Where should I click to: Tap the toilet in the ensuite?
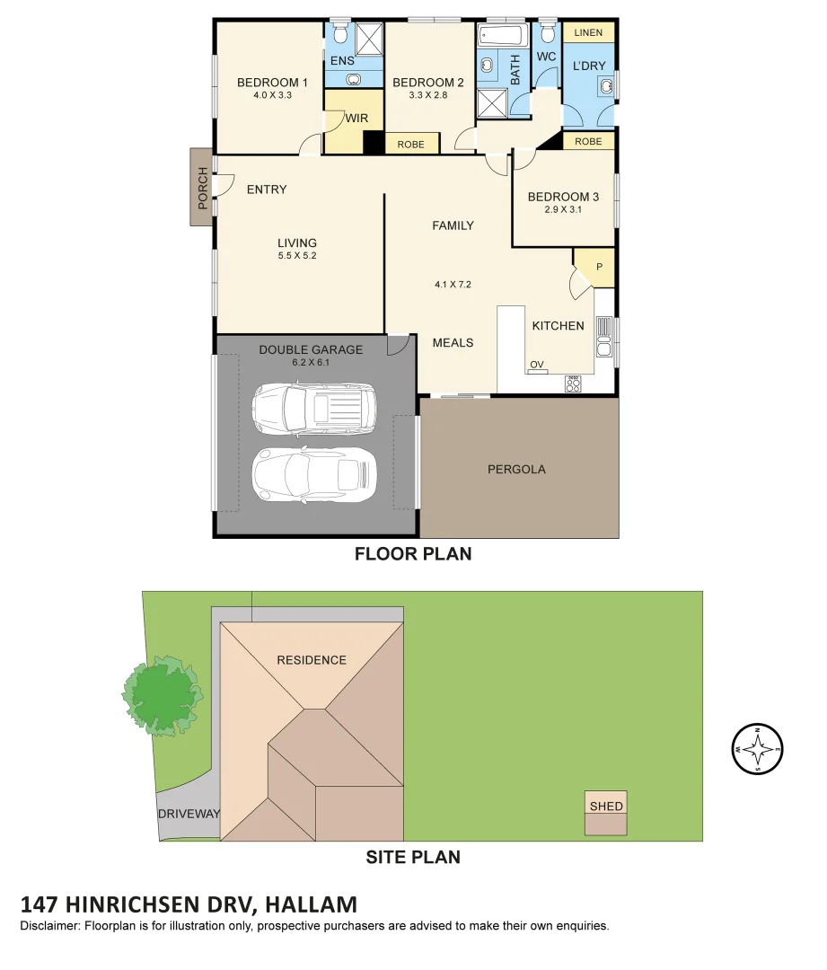coord(340,32)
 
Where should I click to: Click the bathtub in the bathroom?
coord(501,37)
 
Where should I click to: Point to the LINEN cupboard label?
coord(588,33)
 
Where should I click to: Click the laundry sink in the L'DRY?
coord(607,86)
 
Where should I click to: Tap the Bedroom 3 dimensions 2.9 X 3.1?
coord(562,210)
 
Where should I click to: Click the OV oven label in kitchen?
coord(537,365)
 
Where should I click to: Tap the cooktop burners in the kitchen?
coord(573,384)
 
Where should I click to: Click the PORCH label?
coord(202,188)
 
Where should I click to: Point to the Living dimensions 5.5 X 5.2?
coord(296,255)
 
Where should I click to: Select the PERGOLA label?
coord(516,469)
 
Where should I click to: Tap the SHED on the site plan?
coord(606,806)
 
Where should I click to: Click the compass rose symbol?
coord(758,749)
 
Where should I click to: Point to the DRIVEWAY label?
coord(189,814)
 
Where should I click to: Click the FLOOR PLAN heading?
coord(413,554)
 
